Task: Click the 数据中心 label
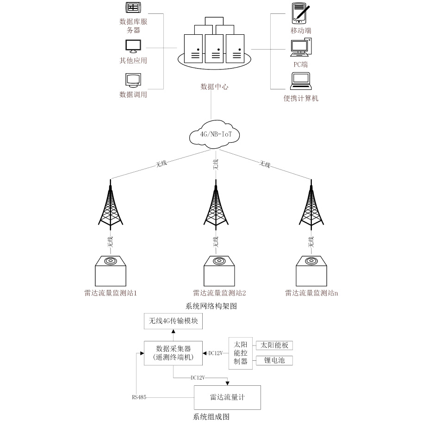[x=214, y=87]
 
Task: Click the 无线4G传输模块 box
[x=174, y=321]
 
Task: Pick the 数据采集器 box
[x=174, y=353]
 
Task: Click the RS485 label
[x=139, y=397]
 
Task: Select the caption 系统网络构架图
[x=211, y=306]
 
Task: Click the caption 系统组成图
[x=211, y=416]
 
